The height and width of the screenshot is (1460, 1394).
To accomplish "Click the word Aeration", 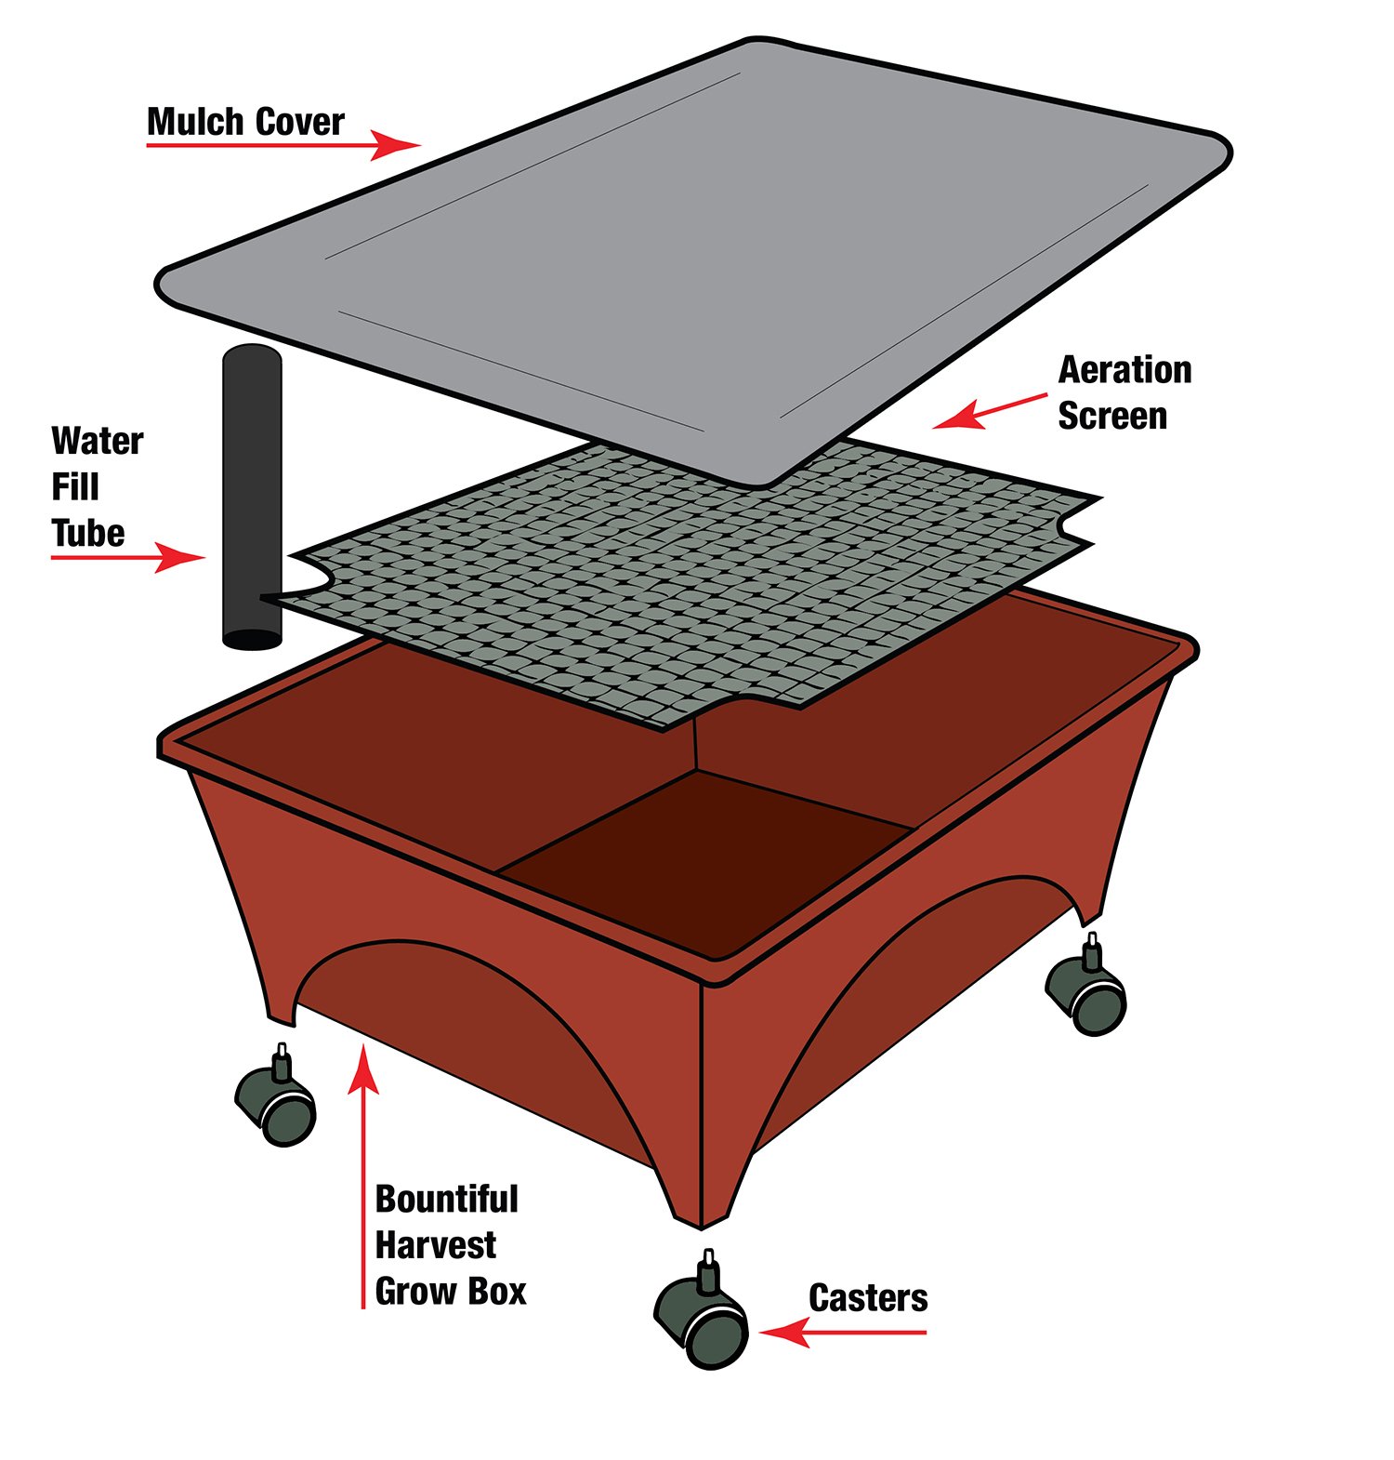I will pyautogui.click(x=1124, y=370).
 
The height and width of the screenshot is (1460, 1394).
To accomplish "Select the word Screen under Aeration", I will pyautogui.click(x=1111, y=416).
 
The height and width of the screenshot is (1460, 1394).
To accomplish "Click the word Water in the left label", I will pyautogui.click(x=98, y=441).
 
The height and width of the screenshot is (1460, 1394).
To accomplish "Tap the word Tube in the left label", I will pyautogui.click(x=87, y=533).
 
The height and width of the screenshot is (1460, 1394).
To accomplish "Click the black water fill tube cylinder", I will pyautogui.click(x=251, y=465).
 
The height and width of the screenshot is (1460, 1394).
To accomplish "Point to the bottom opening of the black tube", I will pyautogui.click(x=252, y=640).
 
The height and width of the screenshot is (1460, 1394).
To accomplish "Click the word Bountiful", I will pyautogui.click(x=446, y=1199).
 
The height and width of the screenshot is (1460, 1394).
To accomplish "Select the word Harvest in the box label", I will pyautogui.click(x=435, y=1244).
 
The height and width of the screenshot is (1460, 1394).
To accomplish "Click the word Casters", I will pyautogui.click(x=867, y=1298).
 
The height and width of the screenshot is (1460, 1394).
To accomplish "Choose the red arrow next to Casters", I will pyautogui.click(x=841, y=1333).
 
